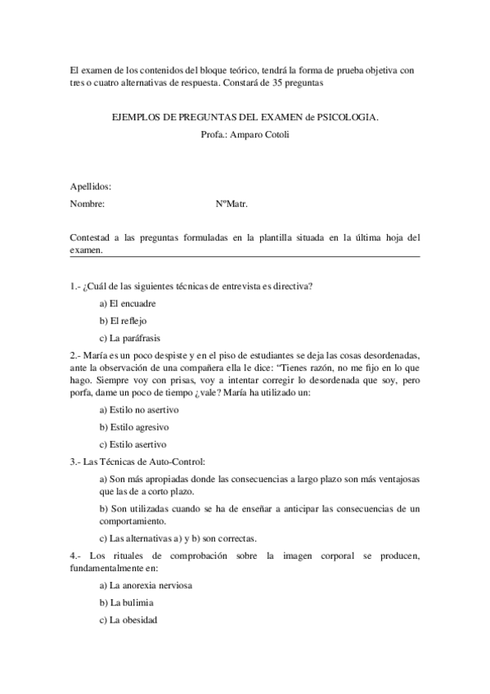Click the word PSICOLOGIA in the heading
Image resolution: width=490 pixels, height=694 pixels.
[348, 118]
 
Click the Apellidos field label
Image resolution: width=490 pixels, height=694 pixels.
[91, 187]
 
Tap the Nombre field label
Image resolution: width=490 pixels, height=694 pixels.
[88, 204]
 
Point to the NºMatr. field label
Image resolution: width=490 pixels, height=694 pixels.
[232, 204]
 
